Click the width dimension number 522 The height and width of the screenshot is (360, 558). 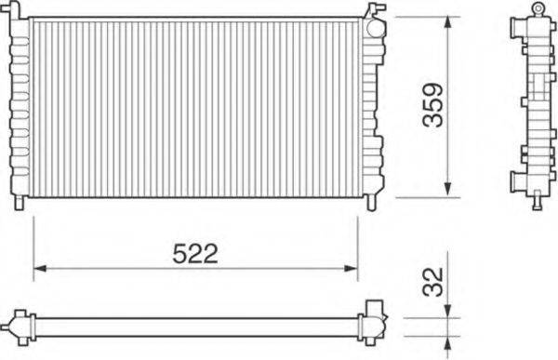[x=195, y=253]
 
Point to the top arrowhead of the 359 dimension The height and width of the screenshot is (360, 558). [x=448, y=21]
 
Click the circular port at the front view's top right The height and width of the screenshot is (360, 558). [x=374, y=27]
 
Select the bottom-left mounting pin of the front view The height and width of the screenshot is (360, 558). [x=20, y=202]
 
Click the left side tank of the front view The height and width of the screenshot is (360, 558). [x=20, y=107]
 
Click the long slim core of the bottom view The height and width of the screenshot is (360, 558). [x=195, y=327]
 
